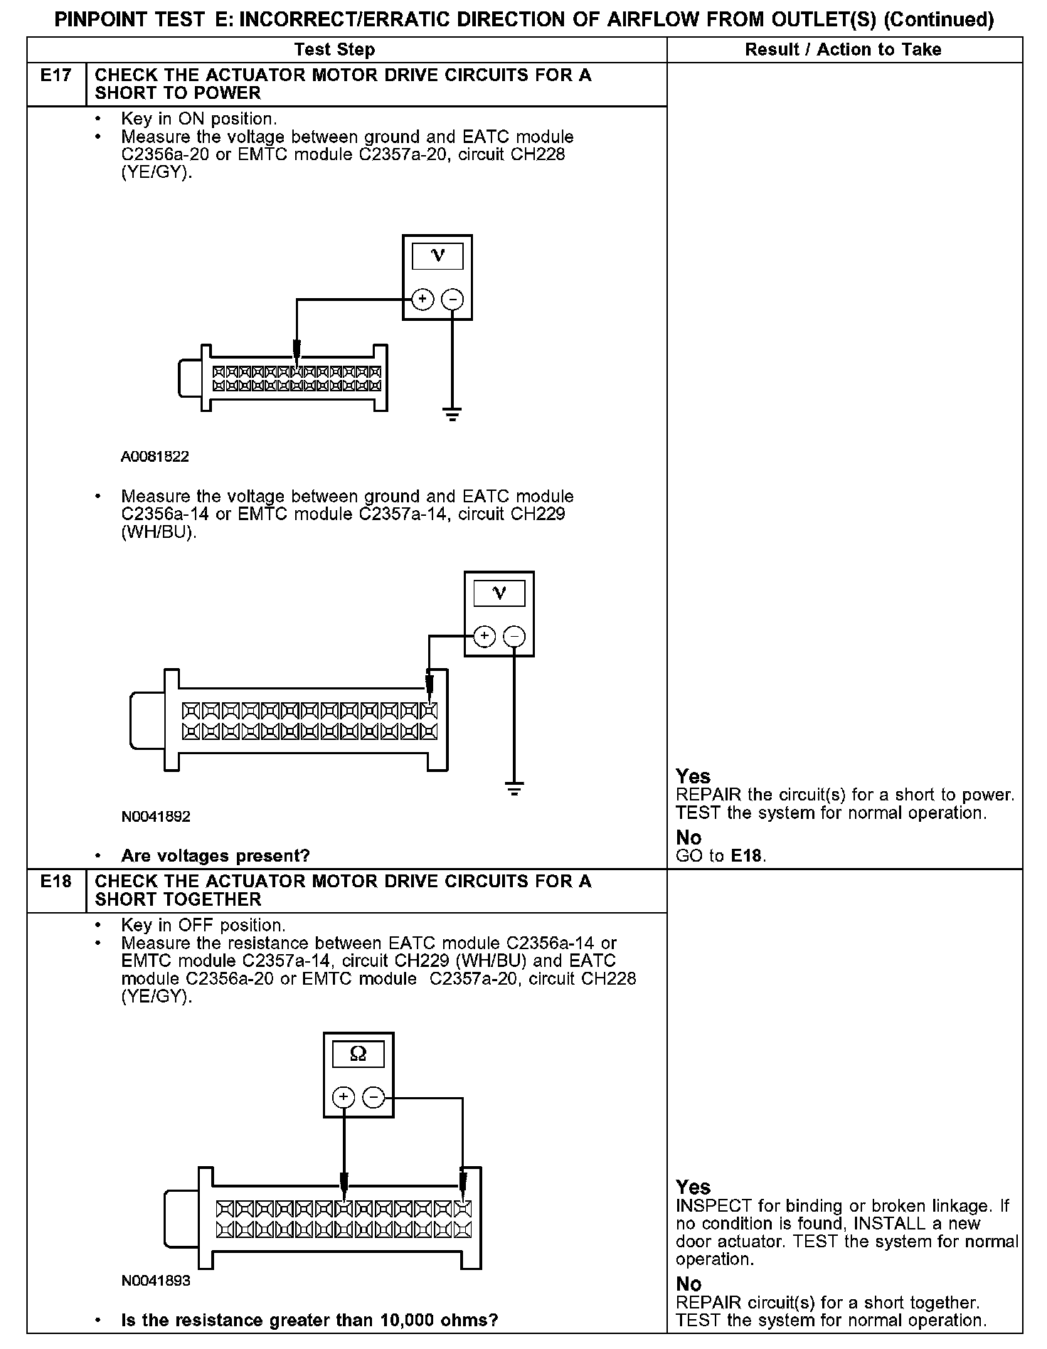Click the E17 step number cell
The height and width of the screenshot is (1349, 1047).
pos(56,75)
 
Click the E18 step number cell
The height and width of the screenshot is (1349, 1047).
pos(56,882)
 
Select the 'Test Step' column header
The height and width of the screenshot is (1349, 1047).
pos(334,49)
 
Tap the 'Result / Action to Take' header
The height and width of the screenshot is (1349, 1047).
pos(843,49)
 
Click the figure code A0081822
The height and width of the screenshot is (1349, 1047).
pos(155,457)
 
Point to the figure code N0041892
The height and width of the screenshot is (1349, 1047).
pos(156,816)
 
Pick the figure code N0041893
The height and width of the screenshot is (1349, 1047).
pos(156,1281)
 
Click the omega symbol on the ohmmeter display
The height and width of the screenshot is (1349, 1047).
pos(358,1054)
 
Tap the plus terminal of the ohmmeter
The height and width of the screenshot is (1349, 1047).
pos(344,1097)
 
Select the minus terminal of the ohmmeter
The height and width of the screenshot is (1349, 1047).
pos(373,1097)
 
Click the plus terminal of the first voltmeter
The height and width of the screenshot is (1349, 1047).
pos(422,299)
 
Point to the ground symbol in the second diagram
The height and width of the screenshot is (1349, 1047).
pos(514,788)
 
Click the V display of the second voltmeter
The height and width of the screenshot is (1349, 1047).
pos(499,593)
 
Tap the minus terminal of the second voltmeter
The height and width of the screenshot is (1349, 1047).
pos(514,635)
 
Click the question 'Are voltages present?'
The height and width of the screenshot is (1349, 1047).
pos(216,855)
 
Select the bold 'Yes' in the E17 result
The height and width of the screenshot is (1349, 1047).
pos(693,776)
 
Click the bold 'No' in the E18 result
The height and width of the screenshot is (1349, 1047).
pos(689,1284)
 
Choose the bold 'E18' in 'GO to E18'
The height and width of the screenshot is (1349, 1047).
pos(747,856)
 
